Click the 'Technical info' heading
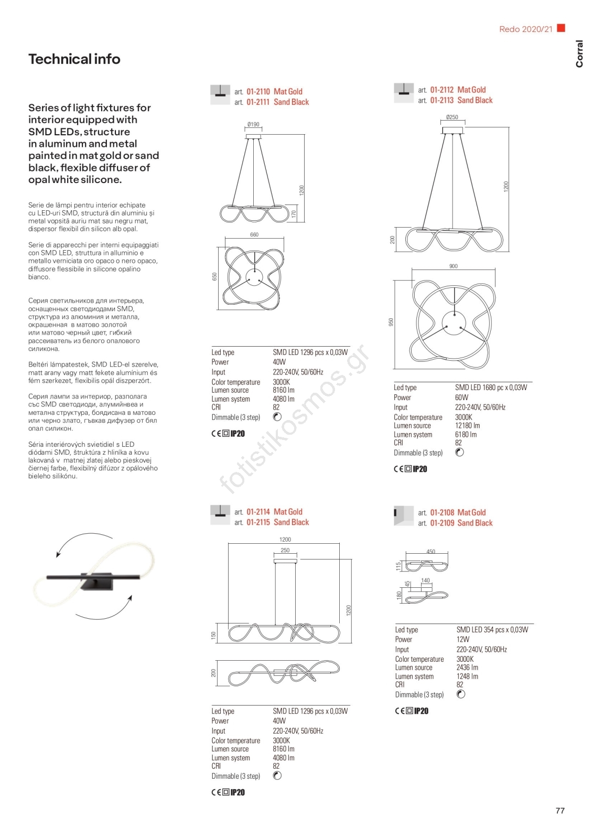coord(74,59)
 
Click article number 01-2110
coord(258,92)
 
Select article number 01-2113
coord(442,101)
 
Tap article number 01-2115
coord(258,523)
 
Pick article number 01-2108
coord(442,513)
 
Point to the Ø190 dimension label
coord(253,125)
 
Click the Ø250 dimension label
coord(452,117)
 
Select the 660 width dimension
coord(254,235)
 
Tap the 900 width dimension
coord(454,266)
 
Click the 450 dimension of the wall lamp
coord(430,552)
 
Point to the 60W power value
coord(461,397)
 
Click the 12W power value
coord(462,640)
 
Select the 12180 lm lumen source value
coord(467,426)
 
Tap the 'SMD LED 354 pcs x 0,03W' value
coord(492,630)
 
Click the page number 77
coord(560,811)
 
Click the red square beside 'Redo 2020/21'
coord(561,28)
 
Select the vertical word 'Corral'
coord(579,53)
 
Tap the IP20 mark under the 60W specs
coord(420,469)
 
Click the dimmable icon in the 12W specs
coord(461,694)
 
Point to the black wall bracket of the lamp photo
coord(100,582)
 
